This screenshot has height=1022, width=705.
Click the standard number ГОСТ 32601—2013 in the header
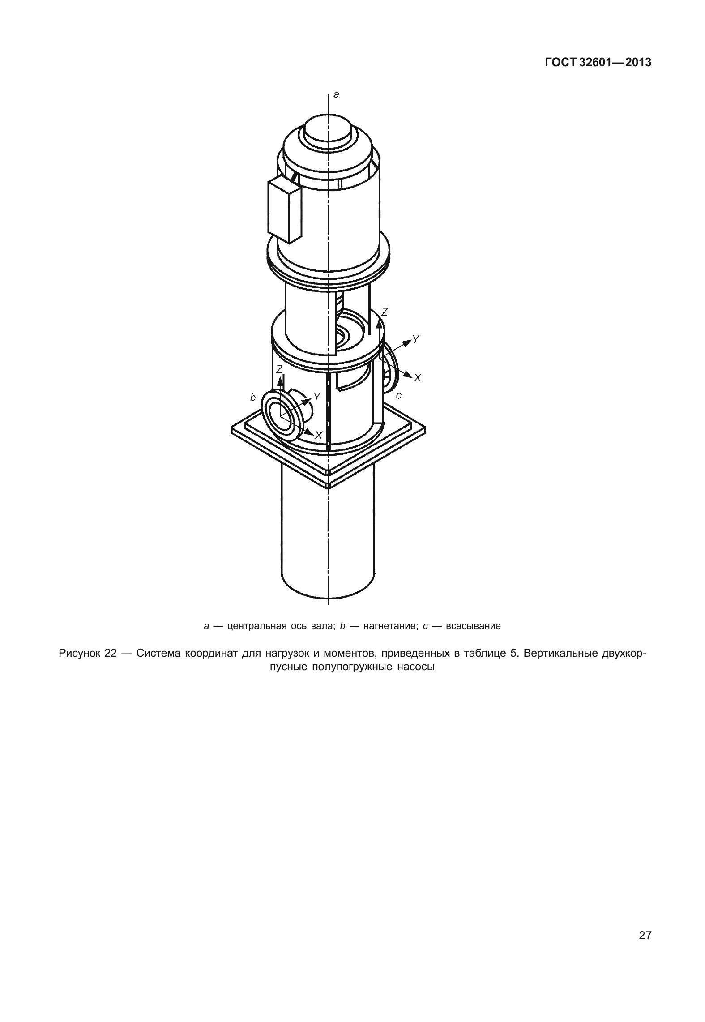coord(598,63)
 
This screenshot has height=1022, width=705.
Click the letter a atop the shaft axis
coord(337,94)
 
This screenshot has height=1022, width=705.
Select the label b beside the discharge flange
coord(253,397)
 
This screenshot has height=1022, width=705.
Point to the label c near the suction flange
coord(399,395)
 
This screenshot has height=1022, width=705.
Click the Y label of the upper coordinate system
coord(416,339)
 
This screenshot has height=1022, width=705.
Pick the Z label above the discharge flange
coord(279,369)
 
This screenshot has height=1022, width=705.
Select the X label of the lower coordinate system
coord(319,435)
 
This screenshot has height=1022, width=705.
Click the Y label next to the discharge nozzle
coord(317,396)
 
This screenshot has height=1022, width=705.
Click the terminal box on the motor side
coord(284,209)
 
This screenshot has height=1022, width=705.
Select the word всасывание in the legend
coord(474,625)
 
